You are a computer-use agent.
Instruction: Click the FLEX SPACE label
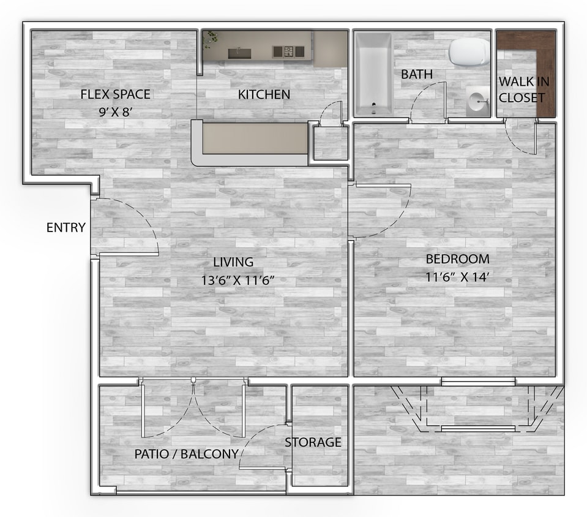click(115, 94)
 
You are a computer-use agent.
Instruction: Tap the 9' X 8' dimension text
click(115, 113)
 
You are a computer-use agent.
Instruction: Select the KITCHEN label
click(264, 94)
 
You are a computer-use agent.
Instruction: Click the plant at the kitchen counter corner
click(211, 39)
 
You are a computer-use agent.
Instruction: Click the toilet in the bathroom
click(469, 53)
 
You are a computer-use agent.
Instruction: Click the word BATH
click(417, 74)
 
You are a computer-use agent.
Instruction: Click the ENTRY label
click(65, 228)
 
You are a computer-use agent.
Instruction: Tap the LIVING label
click(233, 262)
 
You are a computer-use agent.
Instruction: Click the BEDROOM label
click(457, 258)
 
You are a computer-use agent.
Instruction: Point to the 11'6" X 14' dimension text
click(457, 277)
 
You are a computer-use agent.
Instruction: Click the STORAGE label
click(313, 442)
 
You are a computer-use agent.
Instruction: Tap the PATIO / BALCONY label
click(186, 455)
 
